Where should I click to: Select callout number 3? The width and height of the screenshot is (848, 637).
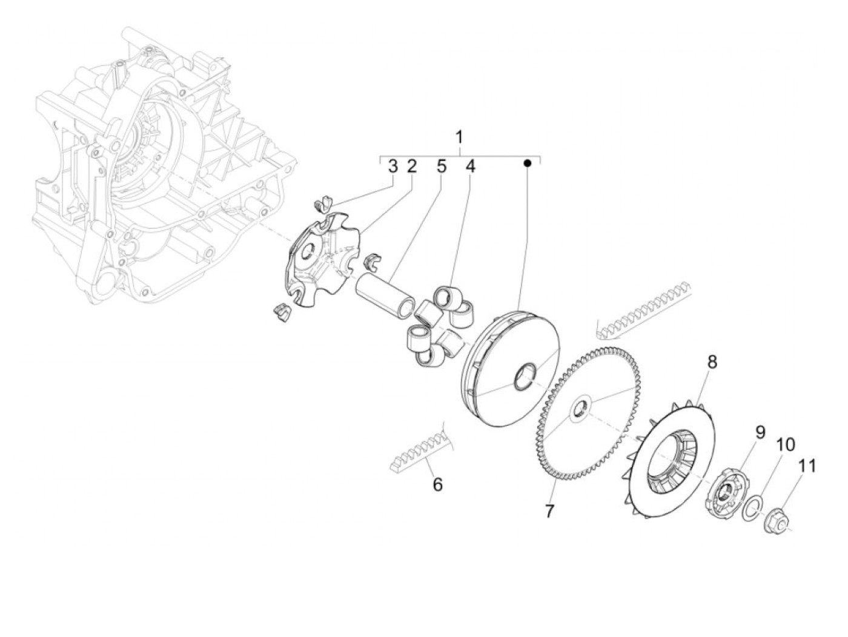coord(393,167)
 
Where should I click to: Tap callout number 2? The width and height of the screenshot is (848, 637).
coord(412,167)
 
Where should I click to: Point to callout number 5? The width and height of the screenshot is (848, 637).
coord(441,167)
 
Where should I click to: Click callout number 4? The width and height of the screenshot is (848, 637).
coord(470,167)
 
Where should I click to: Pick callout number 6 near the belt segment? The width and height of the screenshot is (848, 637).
coord(437,484)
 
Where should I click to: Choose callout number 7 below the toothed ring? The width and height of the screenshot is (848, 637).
coord(549,511)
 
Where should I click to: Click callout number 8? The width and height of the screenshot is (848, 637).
coord(712,362)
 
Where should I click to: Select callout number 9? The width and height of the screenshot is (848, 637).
coord(760,432)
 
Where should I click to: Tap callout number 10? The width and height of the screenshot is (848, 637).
coord(785,444)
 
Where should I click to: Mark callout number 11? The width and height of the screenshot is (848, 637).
coord(807,466)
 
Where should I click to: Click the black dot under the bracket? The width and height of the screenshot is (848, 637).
coord(527,163)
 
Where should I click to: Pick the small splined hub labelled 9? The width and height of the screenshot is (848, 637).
coord(723,492)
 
